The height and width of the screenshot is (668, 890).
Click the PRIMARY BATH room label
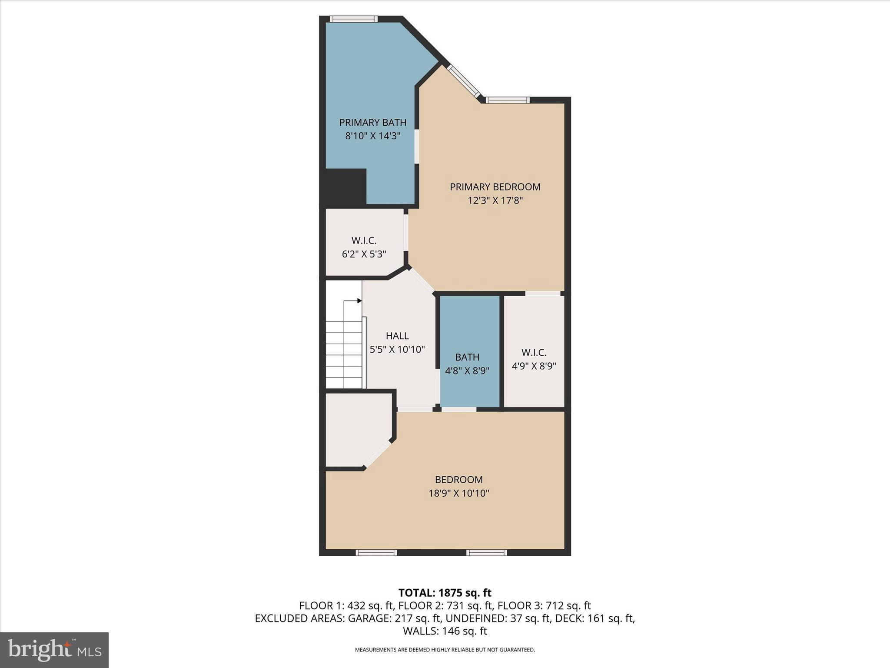click(372, 122)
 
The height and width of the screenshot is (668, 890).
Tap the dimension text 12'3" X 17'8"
click(495, 200)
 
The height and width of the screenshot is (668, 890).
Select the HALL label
click(397, 336)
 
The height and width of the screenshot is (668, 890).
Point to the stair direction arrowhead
click(359, 301)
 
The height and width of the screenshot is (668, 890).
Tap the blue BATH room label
click(467, 357)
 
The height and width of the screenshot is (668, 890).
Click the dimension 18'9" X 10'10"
click(459, 493)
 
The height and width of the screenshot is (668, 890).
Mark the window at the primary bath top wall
click(353, 19)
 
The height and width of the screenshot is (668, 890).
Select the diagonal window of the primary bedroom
click(464, 81)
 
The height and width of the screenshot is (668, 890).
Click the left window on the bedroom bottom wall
click(376, 553)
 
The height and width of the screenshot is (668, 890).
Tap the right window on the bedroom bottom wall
click(487, 553)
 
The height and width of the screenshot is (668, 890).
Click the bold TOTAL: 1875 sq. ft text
click(445, 593)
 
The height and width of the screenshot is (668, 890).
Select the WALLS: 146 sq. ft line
click(445, 631)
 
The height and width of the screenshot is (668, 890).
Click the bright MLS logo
click(54, 650)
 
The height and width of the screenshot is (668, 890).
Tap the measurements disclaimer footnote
click(445, 650)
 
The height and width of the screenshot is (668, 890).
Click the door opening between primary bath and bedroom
click(417, 147)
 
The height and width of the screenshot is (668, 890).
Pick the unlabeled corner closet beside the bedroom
click(354, 428)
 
